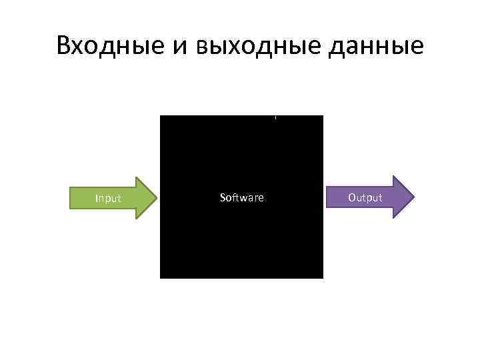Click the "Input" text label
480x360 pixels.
click(108, 198)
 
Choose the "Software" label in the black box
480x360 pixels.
click(241, 197)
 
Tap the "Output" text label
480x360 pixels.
click(365, 197)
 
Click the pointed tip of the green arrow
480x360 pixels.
click(157, 198)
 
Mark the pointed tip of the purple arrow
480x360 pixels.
click(414, 197)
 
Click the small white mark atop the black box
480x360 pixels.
click(275, 118)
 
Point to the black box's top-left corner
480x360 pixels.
click(161, 117)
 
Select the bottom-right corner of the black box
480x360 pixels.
click(323, 277)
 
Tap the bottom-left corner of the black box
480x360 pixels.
click(161, 277)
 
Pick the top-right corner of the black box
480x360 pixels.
click(323, 117)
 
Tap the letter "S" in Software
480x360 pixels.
click(223, 197)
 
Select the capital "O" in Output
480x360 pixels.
click(352, 197)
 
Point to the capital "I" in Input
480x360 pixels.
click(97, 198)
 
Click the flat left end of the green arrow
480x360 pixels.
click(71, 198)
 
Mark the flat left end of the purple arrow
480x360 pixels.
click(327, 197)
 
